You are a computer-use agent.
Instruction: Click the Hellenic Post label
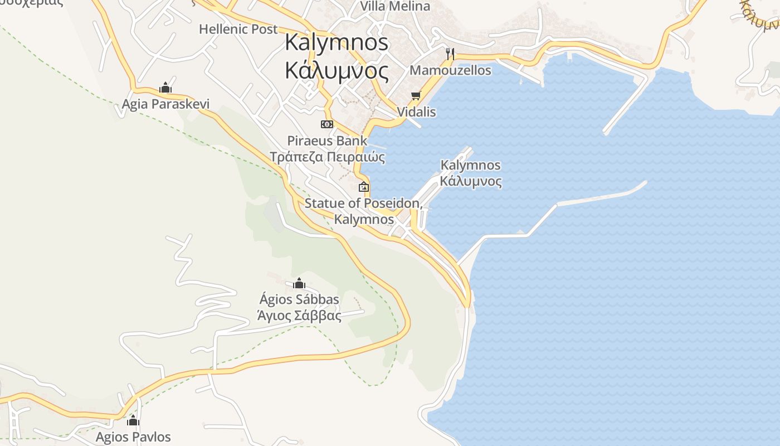point(238,29)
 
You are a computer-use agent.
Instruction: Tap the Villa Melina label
point(395,6)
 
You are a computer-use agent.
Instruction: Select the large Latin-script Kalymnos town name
point(337,42)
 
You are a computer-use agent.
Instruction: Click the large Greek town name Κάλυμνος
point(337,71)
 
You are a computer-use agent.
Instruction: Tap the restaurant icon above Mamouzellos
point(450,54)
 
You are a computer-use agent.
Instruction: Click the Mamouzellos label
point(450,70)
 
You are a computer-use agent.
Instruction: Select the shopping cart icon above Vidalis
point(416,96)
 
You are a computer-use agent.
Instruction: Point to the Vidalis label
point(416,112)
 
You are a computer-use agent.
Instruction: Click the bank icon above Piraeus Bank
point(327,124)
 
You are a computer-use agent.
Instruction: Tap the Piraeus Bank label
point(327,140)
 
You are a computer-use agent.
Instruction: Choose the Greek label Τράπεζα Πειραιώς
point(327,157)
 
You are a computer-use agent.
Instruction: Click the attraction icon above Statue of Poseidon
point(364,187)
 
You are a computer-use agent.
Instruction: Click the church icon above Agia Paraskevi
point(165,88)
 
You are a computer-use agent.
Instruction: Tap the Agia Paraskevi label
point(165,104)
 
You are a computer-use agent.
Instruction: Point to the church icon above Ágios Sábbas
point(299,283)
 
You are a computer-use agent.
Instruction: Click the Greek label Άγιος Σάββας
point(299,316)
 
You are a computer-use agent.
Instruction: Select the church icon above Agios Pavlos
point(133,420)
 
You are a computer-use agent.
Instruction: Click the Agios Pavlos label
point(133,437)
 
